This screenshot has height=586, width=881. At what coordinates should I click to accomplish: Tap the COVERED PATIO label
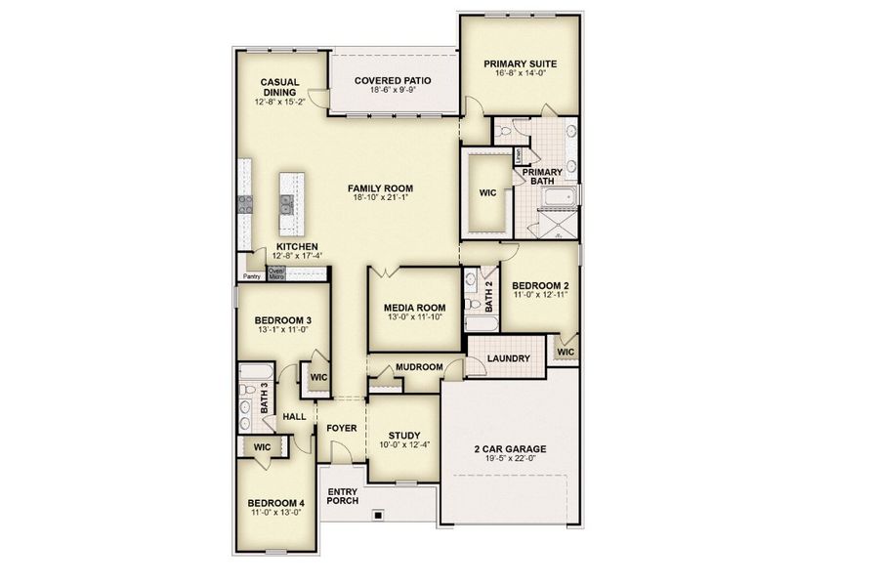click(x=394, y=81)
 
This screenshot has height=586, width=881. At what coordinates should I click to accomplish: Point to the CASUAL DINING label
click(x=279, y=88)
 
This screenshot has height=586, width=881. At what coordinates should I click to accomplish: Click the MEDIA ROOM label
click(x=414, y=308)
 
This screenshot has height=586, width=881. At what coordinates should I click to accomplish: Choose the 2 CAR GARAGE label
click(x=510, y=450)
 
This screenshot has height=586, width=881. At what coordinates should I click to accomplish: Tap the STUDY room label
click(x=403, y=436)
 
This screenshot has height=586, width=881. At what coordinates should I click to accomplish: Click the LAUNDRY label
click(x=510, y=358)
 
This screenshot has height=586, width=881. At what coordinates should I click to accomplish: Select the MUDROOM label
click(x=419, y=368)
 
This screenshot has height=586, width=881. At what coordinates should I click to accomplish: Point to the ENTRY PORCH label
click(x=342, y=496)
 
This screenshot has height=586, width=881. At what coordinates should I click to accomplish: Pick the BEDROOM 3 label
click(x=282, y=320)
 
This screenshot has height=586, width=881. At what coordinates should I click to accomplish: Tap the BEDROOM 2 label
click(x=540, y=286)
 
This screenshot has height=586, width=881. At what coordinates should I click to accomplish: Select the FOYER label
click(x=341, y=428)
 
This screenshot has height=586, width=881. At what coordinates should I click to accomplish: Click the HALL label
click(x=294, y=417)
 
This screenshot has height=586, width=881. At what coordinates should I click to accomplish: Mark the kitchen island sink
click(x=287, y=203)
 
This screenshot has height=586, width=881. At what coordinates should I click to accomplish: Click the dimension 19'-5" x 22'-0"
click(x=510, y=460)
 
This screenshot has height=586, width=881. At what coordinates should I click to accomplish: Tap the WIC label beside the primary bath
click(x=488, y=192)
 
